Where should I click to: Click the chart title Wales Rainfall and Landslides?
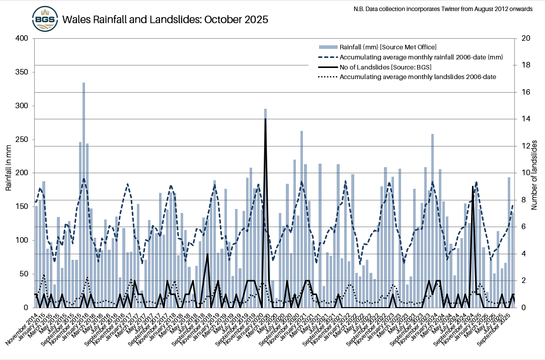(x=165, y=20)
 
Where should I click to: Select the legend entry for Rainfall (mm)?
(x=387, y=47)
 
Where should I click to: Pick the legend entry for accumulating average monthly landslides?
(x=418, y=77)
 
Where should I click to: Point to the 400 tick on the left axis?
(x=22, y=39)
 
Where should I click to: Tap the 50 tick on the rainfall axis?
(x=24, y=274)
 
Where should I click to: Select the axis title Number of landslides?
(x=536, y=173)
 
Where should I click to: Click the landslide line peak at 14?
(x=265, y=120)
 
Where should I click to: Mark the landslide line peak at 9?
(x=472, y=187)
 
